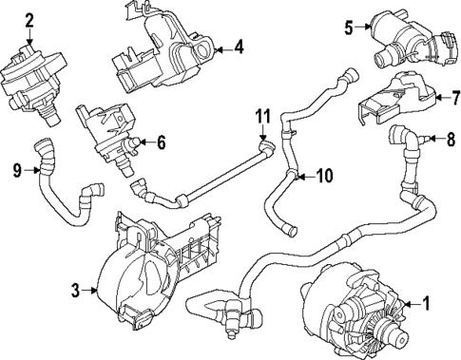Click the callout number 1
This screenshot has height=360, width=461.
pyautogui.click(x=426, y=305)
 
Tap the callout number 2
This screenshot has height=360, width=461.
pyautogui.click(x=29, y=19)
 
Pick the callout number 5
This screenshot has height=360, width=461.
pyautogui.click(x=348, y=28)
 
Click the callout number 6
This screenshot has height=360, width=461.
pyautogui.click(x=161, y=143)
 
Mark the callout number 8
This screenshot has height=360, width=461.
pyautogui.click(x=451, y=140)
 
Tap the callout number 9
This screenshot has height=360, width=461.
pyautogui.click(x=16, y=171)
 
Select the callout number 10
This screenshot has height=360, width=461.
pyautogui.click(x=324, y=175)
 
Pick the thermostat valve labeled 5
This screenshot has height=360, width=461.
pyautogui.click(x=399, y=38)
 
